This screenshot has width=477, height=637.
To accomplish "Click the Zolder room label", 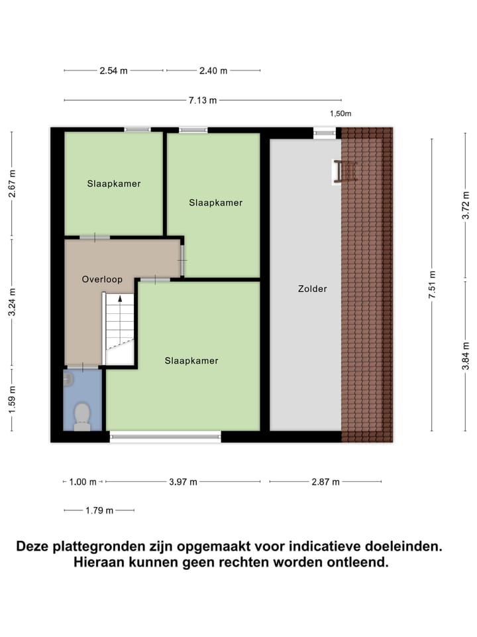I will tap(312, 289).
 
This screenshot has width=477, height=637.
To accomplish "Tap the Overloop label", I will tap(102, 279).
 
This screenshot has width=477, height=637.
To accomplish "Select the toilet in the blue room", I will tap(82, 416).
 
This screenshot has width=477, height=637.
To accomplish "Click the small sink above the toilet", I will tap(68, 379).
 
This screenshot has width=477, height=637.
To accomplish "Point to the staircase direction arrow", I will tap(120, 299).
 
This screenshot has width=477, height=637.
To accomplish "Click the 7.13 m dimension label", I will tap(202, 100).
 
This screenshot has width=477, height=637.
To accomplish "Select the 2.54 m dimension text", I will tap(113, 70).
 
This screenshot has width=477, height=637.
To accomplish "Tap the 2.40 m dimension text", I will tap(213, 70).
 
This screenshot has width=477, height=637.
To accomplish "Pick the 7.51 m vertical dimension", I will tap(432, 285).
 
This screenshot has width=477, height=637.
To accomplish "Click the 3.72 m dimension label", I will tap(466, 205).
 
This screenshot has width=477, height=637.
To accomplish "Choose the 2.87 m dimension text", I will tap(325, 482).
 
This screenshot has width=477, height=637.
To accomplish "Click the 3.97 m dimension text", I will tap(183, 482).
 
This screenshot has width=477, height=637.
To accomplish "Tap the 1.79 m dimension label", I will tap(99, 510).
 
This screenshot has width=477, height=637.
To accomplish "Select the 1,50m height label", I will tap(341, 113).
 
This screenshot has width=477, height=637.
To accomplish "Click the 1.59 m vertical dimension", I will tap(12, 399).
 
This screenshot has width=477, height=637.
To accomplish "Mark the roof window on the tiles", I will tap(345, 171).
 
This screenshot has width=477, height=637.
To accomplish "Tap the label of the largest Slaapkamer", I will tap(191, 360).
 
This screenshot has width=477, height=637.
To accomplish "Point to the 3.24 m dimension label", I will tap(12, 302).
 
